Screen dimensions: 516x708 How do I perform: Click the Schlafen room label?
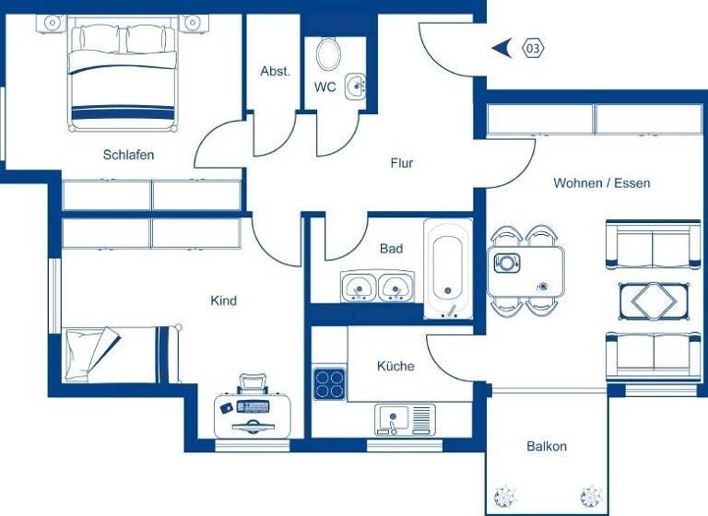click(x=128, y=155)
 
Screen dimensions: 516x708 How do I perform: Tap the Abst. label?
click(x=275, y=71)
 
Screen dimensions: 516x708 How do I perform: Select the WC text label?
click(x=324, y=88)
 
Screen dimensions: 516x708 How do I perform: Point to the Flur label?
click(x=401, y=163)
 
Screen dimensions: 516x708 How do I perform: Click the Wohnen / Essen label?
click(x=601, y=183)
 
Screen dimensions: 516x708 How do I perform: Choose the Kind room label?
click(x=223, y=300)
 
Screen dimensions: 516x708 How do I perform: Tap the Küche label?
click(x=395, y=366)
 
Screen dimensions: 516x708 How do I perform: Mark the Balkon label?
click(x=547, y=446)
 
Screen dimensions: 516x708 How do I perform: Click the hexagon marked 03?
click(x=533, y=48)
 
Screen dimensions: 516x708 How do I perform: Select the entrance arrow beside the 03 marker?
click(x=502, y=48)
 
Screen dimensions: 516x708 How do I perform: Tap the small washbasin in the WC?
click(x=355, y=88)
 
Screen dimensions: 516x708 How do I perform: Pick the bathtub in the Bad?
click(x=448, y=268)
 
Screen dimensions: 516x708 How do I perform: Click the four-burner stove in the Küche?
click(x=329, y=382)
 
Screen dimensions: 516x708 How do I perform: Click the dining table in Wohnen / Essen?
click(x=525, y=271)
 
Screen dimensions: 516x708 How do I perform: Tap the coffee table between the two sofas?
click(x=652, y=299)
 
